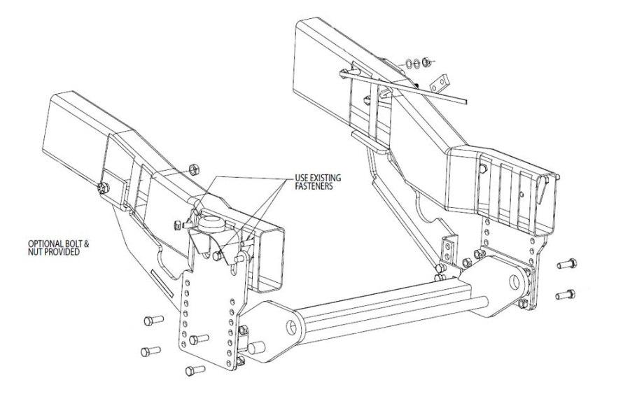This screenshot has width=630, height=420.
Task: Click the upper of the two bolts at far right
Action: click(x=566, y=265)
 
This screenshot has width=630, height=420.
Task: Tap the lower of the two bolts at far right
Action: click(x=566, y=294)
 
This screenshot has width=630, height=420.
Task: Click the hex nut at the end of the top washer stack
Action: click(x=428, y=63)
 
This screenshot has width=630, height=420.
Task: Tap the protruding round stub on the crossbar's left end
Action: click(x=256, y=346)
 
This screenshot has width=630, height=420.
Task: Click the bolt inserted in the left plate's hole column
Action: click(x=200, y=338)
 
